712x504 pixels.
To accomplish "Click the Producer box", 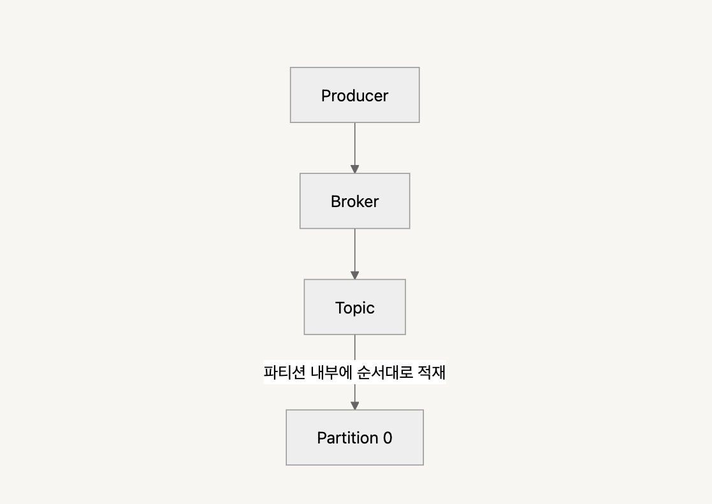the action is (x=354, y=95).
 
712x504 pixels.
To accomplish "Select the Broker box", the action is (x=354, y=201).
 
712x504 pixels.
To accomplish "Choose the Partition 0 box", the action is (x=354, y=437).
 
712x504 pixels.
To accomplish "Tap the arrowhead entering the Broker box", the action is (x=355, y=169).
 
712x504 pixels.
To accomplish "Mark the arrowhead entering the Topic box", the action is (x=355, y=275).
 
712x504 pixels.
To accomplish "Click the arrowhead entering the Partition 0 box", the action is (x=355, y=405).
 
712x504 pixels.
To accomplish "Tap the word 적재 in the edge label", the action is (x=430, y=372).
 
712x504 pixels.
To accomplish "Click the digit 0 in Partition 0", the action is (x=388, y=438).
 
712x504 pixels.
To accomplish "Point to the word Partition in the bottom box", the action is (x=347, y=438).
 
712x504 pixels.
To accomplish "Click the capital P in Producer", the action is (x=326, y=96).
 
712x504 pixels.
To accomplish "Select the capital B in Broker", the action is (x=335, y=201).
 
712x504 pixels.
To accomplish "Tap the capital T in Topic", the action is (x=340, y=308).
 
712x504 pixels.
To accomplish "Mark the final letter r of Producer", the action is (x=386, y=96).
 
